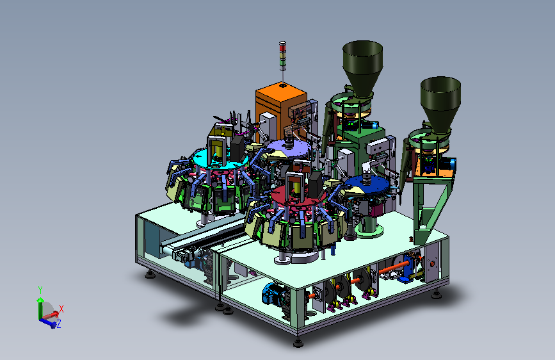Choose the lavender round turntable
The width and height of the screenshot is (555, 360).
(289, 148)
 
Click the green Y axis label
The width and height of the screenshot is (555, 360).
(40, 290)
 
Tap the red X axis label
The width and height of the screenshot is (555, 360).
(61, 309)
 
